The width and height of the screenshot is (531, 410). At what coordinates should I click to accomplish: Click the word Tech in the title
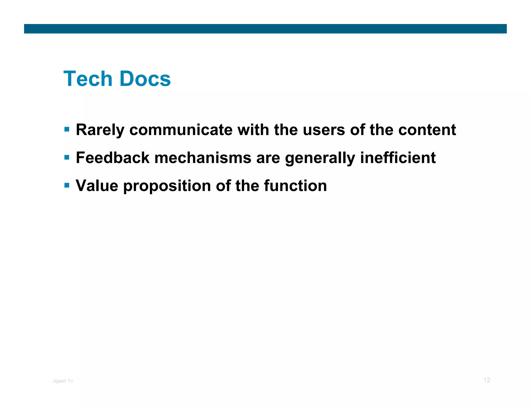88,79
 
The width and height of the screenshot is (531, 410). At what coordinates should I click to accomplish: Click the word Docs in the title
145,79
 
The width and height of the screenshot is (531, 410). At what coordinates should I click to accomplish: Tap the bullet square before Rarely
67,129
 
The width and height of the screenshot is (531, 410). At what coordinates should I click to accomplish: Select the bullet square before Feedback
67,157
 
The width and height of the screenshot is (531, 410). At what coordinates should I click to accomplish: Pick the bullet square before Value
67,185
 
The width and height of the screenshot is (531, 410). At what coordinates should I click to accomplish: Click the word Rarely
100,130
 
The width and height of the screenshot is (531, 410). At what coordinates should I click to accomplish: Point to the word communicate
181,130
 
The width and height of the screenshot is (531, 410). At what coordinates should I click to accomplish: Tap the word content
427,130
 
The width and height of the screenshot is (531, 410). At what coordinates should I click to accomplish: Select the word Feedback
113,158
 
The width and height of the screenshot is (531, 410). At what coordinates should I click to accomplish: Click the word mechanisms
203,158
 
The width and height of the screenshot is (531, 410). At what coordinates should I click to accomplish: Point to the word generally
320,158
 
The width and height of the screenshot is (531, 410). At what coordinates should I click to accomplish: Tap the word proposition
167,186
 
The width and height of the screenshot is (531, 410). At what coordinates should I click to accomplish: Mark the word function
295,186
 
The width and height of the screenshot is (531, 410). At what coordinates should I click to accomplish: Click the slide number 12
487,380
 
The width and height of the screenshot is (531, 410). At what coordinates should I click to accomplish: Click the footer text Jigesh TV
63,381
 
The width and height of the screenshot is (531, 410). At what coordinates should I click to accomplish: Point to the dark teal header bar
265,29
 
